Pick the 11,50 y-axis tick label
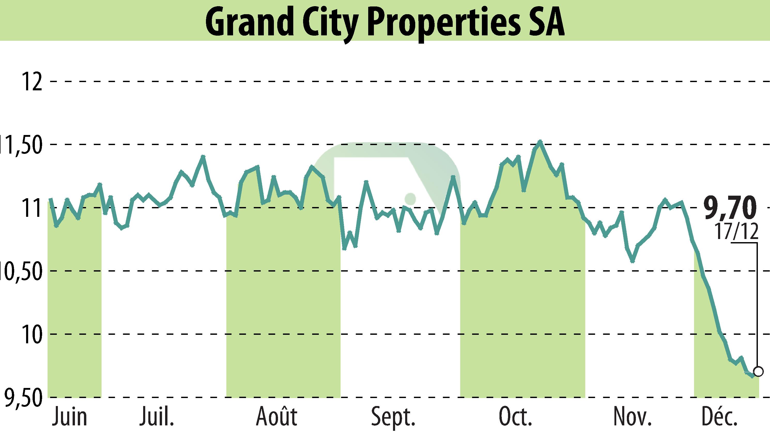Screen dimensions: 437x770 coord(21,145)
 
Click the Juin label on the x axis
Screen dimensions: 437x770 coord(70,417)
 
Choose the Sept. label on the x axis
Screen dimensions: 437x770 coord(393,417)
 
